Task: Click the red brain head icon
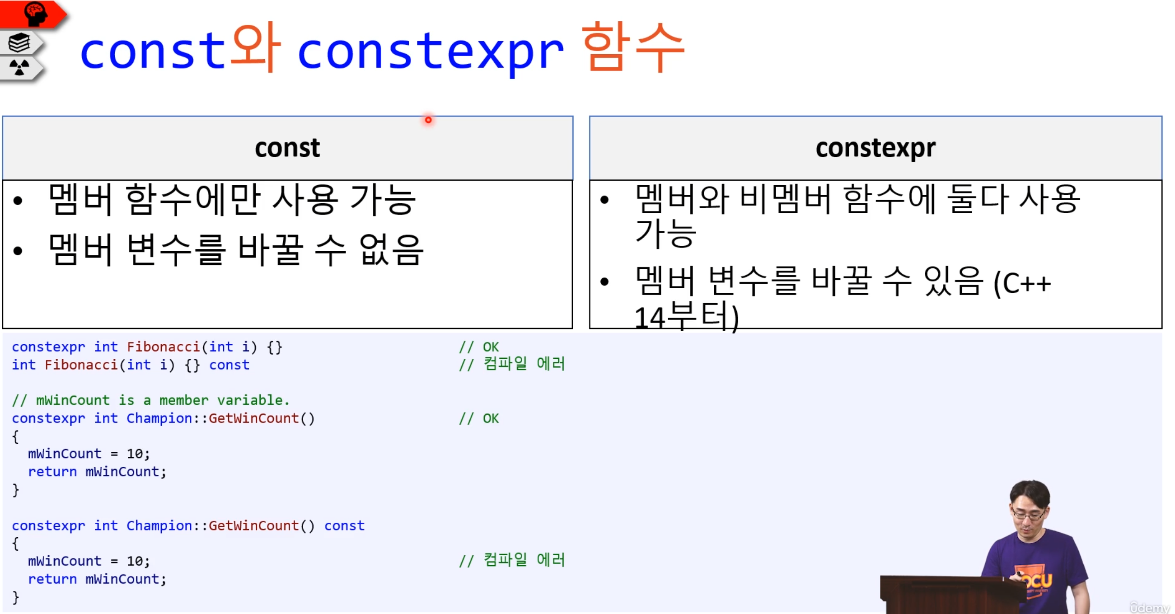coord(36,14)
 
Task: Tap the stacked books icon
coord(19,42)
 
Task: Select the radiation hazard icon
coord(19,67)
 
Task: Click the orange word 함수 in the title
coord(633,47)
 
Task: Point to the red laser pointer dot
coord(428,120)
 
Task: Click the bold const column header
coord(287,148)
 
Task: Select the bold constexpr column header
coord(875,149)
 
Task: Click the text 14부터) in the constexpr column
coord(687,317)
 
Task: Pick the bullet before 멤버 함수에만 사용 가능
coord(18,201)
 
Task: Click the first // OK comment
coord(479,347)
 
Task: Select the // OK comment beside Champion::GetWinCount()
coord(479,418)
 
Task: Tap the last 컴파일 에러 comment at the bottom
coord(512,560)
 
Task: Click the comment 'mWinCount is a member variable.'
coord(151,400)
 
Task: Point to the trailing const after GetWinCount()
coord(344,525)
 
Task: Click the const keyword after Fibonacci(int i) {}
coord(229,365)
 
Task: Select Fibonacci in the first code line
coord(163,347)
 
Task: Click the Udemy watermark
coord(1149,607)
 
